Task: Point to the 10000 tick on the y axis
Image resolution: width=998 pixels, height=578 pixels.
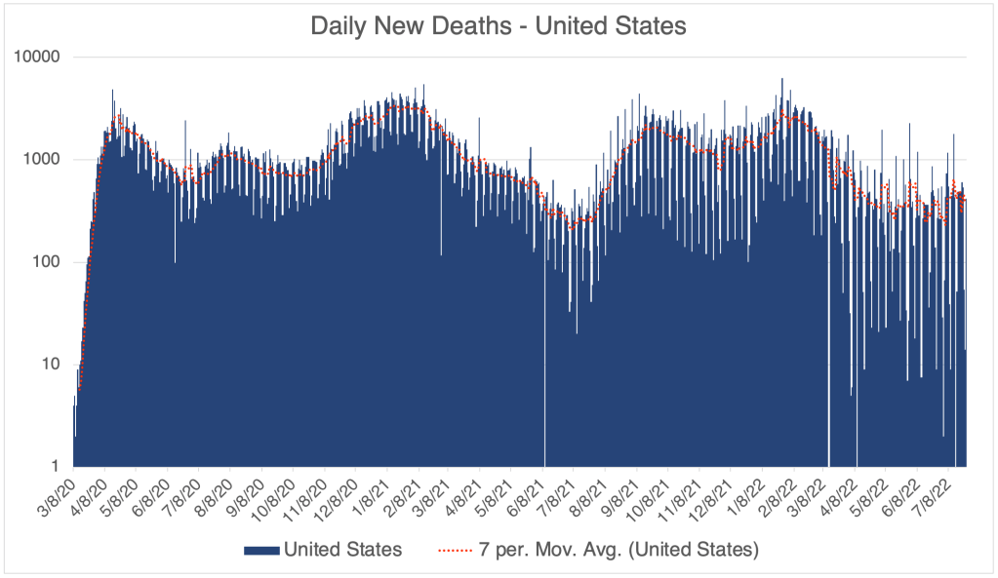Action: [x=39, y=57]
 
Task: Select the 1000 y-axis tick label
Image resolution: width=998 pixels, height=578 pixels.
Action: [x=43, y=159]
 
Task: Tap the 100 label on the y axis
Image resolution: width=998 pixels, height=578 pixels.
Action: [x=47, y=261]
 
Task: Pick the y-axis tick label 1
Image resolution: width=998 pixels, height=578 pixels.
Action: [x=56, y=466]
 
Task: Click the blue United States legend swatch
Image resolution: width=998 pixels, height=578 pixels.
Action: [x=260, y=551]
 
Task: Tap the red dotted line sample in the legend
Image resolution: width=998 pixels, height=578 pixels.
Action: [x=459, y=551]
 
